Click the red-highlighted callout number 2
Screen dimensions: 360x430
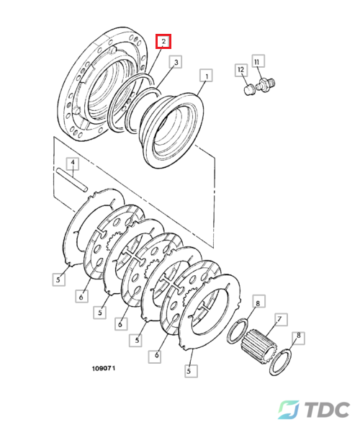[x=163, y=41]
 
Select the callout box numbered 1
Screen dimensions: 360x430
[x=207, y=76]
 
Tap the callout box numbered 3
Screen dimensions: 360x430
[x=176, y=62]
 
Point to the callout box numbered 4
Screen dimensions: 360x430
[x=73, y=164]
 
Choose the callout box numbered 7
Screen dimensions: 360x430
[x=279, y=319]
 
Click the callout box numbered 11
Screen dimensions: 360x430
[x=257, y=61]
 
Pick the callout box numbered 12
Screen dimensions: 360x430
[x=241, y=70]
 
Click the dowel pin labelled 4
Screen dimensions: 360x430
[x=72, y=179]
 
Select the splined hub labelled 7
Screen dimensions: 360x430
[x=258, y=344]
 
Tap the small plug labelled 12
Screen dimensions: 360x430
[x=248, y=90]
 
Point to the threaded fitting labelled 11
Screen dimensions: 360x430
[x=266, y=84]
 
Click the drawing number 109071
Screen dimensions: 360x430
[x=104, y=368]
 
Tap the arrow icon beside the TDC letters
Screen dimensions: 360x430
[x=288, y=409]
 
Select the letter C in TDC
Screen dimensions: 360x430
[x=341, y=410]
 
